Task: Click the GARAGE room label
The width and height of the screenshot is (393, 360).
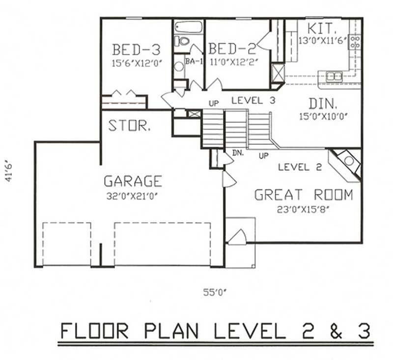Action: click(x=132, y=181)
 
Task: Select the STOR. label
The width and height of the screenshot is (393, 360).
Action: click(x=129, y=126)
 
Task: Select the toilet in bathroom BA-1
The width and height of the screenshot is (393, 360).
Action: click(x=184, y=41)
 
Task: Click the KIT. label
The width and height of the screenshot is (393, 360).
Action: click(x=321, y=28)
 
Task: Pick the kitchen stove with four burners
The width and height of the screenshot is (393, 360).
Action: click(x=354, y=42)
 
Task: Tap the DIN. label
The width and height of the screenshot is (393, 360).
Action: click(x=323, y=104)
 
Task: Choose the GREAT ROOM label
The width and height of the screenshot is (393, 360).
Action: click(x=303, y=195)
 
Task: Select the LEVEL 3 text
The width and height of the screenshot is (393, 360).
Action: click(x=253, y=101)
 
